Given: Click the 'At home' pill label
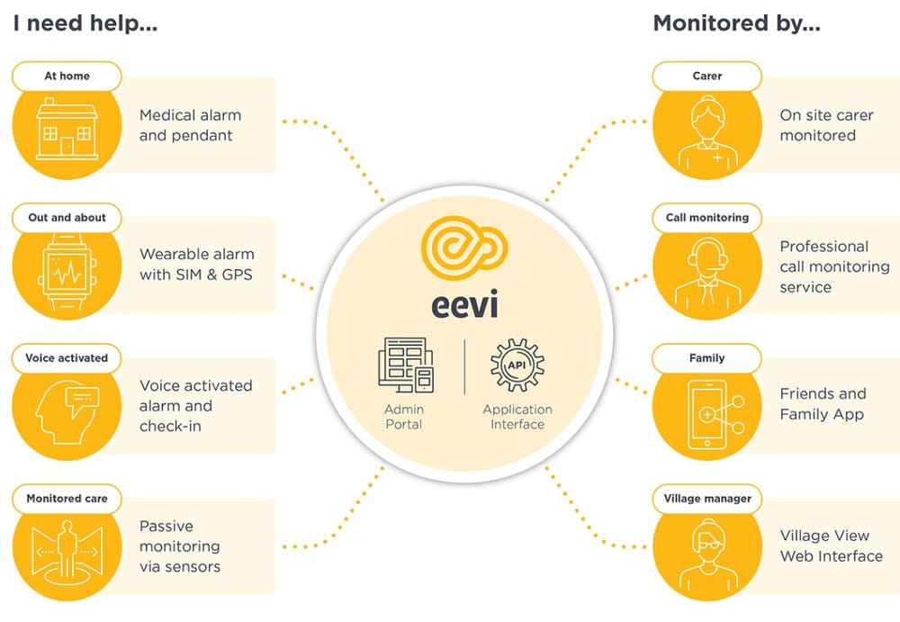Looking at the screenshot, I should pos(67,77).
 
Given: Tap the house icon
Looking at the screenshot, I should pos(67,131).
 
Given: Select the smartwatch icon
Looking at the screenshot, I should pos(67,271).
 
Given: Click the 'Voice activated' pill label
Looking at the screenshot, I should pos(67,358).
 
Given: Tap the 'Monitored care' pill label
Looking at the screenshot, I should pos(67,499).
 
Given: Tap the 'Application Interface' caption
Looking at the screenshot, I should pos(517,417).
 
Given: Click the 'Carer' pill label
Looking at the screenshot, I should pos(706,77).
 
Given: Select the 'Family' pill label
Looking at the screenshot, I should pos(706,358).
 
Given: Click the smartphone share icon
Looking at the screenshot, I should pos(706,413).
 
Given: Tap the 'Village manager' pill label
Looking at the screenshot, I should pos(706,499).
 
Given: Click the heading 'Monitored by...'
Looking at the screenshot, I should pos(736,23).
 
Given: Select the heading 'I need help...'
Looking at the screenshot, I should pos(85,23).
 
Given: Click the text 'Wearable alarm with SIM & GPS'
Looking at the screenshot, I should pos(196,264).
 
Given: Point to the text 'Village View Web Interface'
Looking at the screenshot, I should pos(831,545).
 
